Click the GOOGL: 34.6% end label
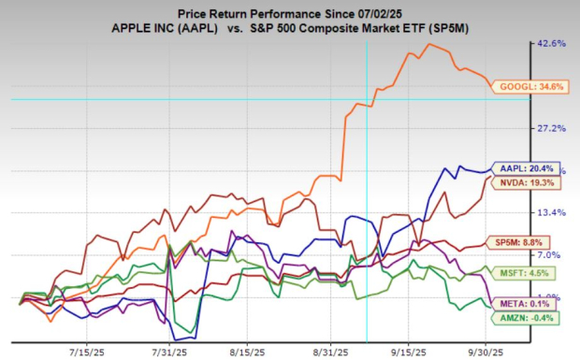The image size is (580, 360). point(529,87)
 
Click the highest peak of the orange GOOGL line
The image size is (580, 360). point(429,44)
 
